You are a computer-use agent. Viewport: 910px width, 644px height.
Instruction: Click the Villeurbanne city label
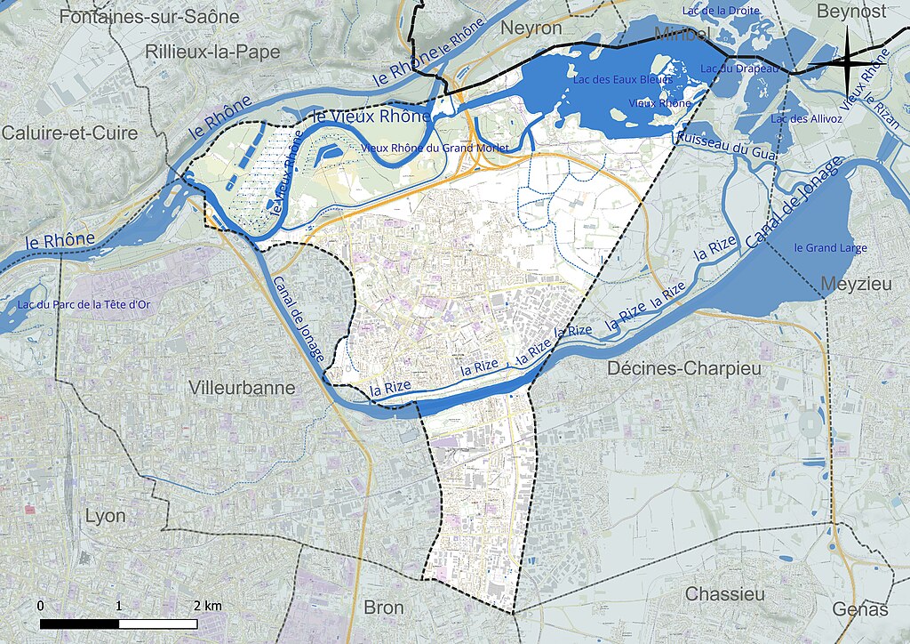[x=242, y=388]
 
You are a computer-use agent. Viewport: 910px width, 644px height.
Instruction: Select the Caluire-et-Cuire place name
[x=70, y=133]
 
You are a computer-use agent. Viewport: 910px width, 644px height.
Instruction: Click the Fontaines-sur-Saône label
[x=149, y=16]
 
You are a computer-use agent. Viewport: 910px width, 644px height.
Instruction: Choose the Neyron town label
[x=531, y=28]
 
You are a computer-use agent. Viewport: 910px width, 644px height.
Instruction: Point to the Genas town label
[x=860, y=609]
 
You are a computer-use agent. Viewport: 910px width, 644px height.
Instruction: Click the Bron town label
[x=384, y=608]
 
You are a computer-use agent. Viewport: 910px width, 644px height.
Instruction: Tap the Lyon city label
[x=105, y=516]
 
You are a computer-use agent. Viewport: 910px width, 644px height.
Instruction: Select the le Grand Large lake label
[x=830, y=248]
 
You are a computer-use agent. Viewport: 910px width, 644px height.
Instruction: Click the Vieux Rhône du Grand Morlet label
[x=435, y=148]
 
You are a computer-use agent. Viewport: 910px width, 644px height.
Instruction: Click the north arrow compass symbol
[x=848, y=60]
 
